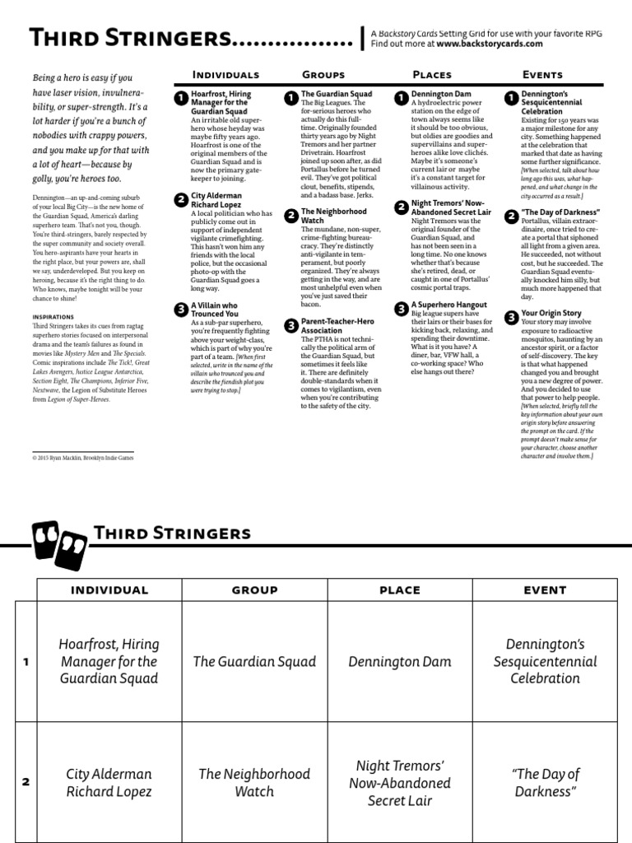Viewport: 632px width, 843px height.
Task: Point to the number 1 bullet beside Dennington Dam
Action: tap(401, 98)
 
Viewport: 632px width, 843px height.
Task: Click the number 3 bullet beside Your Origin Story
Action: tap(511, 317)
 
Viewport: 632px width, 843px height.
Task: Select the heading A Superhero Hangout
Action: tap(448, 305)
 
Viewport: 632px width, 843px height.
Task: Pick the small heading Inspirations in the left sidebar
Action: tap(53, 316)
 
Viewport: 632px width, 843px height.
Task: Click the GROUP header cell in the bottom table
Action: tap(255, 590)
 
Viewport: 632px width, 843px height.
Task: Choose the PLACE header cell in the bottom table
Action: tap(400, 590)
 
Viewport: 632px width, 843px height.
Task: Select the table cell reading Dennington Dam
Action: tap(400, 661)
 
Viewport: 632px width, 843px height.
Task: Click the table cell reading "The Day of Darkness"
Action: tap(545, 782)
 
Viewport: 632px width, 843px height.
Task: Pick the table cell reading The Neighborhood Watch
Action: tap(255, 782)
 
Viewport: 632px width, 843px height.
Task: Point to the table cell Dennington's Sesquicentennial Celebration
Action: tap(545, 661)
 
